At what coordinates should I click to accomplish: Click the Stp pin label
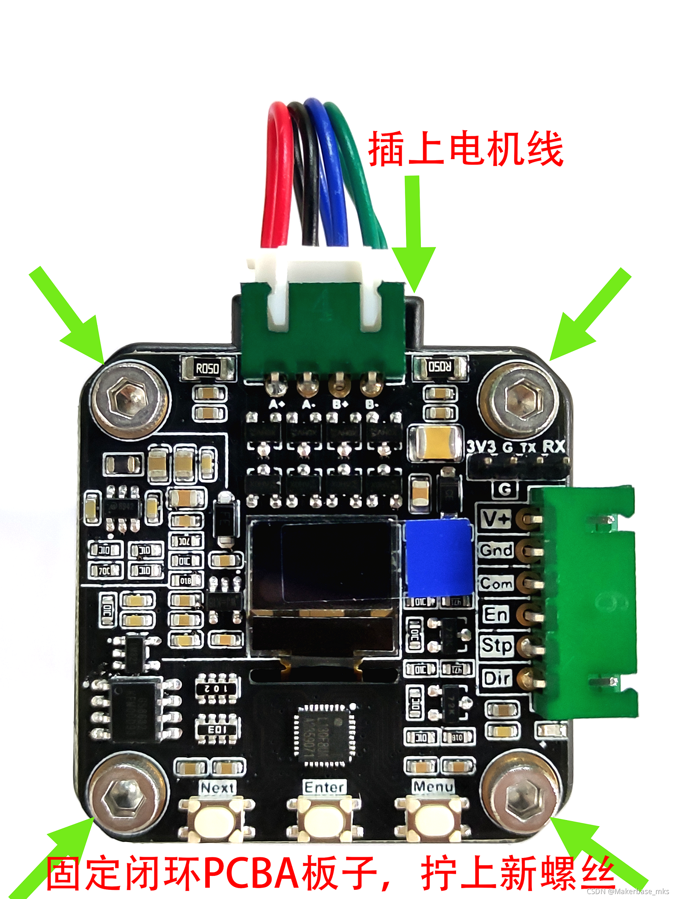pyautogui.click(x=496, y=646)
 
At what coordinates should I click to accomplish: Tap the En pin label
pyautogui.click(x=496, y=614)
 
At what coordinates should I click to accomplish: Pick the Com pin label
pyautogui.click(x=496, y=583)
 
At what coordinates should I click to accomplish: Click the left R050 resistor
pyautogui.click(x=208, y=369)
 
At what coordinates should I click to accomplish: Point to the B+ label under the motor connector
pyautogui.click(x=340, y=404)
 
